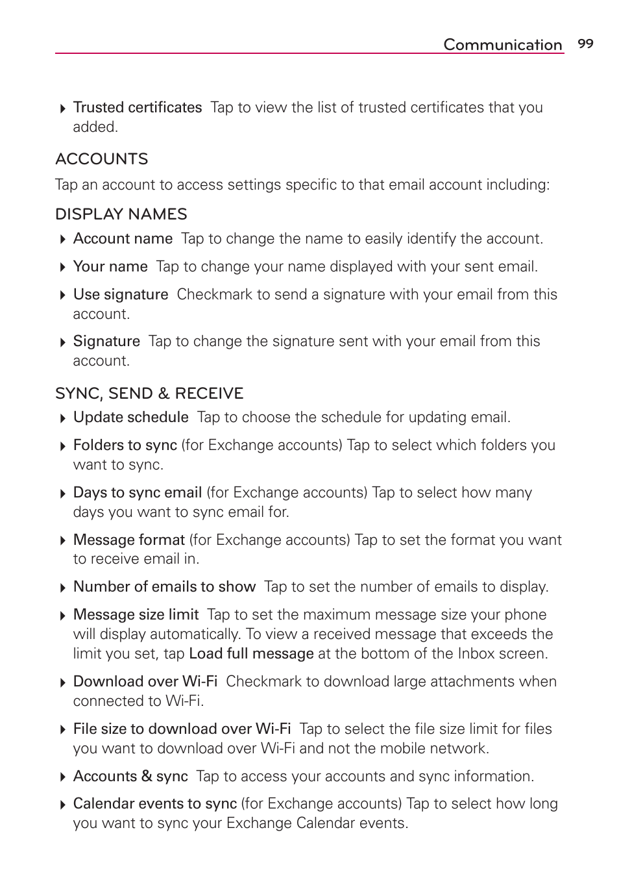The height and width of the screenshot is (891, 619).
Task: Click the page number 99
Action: pyautogui.click(x=585, y=44)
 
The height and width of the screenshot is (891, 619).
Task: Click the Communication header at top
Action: pyautogui.click(x=502, y=45)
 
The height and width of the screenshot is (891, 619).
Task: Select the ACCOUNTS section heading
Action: pyautogui.click(x=102, y=159)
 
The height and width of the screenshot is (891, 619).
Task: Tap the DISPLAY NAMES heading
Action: pyautogui.click(x=121, y=214)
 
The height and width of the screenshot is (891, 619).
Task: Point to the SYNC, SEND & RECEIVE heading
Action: pyautogui.click(x=149, y=394)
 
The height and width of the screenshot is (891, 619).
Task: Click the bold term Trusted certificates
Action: pyautogui.click(x=138, y=108)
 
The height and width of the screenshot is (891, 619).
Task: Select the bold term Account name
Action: pyautogui.click(x=123, y=239)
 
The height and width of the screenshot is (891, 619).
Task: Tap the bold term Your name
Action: pyautogui.click(x=110, y=267)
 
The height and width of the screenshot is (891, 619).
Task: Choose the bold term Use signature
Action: pyautogui.click(x=121, y=295)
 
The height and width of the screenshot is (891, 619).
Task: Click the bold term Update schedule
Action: pyautogui.click(x=130, y=418)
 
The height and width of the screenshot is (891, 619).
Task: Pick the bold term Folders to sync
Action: pyautogui.click(x=125, y=446)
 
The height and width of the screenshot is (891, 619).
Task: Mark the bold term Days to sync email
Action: pyautogui.click(x=138, y=493)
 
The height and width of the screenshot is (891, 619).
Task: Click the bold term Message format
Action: pyautogui.click(x=129, y=540)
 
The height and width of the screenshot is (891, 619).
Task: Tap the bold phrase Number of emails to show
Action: pyautogui.click(x=164, y=587)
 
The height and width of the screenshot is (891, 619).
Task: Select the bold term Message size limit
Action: pyautogui.click(x=136, y=615)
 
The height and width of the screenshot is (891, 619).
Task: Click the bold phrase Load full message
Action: pyautogui.click(x=251, y=654)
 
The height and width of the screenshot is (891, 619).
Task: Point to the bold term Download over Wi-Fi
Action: pyautogui.click(x=145, y=682)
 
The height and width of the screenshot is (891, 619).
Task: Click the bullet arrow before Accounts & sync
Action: pyautogui.click(x=62, y=777)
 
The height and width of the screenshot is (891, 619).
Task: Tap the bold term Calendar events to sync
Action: pyautogui.click(x=155, y=804)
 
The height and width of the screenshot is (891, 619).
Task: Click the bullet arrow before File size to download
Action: pyautogui.click(x=62, y=730)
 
